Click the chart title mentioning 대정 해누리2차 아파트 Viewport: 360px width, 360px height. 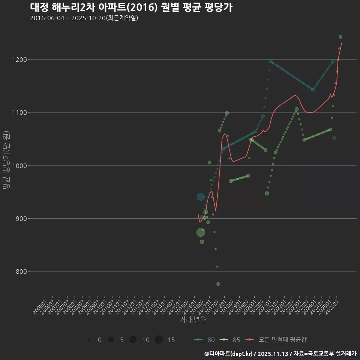click(x=131, y=7)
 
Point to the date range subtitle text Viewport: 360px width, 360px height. click(x=84, y=18)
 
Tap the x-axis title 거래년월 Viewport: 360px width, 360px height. click(x=193, y=320)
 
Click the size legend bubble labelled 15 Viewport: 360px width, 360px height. click(x=159, y=340)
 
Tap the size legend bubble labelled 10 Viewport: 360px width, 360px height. click(x=133, y=340)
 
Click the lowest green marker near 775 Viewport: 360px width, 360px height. click(x=218, y=284)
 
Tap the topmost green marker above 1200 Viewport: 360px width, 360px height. click(x=340, y=37)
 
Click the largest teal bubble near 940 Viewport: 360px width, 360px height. click(x=201, y=196)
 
